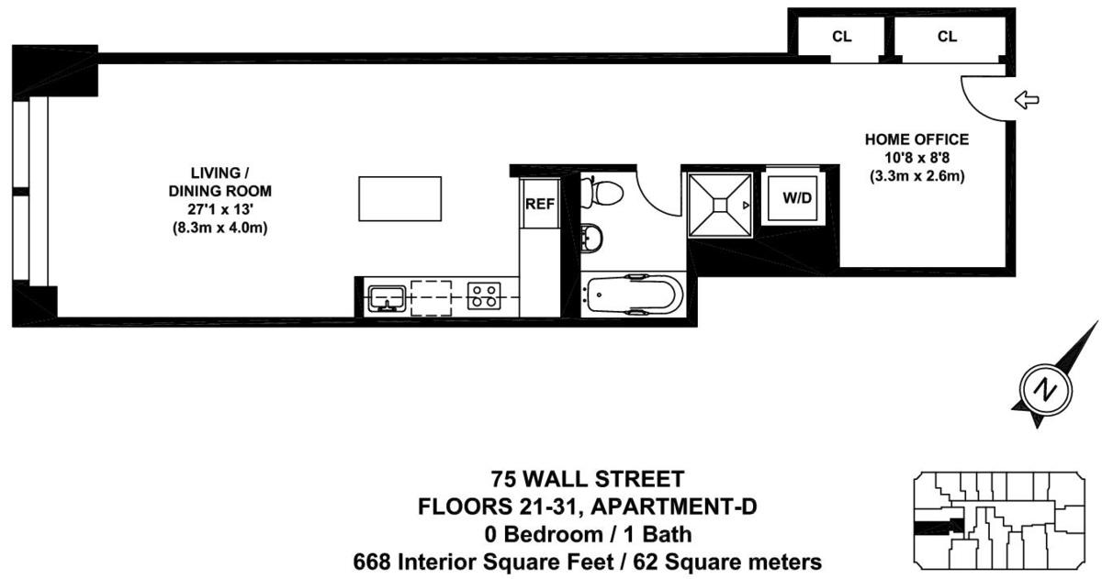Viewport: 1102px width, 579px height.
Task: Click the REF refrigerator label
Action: point(539,204)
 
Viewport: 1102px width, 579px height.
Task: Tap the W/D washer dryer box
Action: point(797,199)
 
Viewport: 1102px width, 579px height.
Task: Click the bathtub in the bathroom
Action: point(633,295)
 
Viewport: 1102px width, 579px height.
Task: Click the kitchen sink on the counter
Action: point(388,296)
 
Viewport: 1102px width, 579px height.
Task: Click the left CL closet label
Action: point(840,37)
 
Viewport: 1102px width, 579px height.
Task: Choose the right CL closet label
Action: point(947,37)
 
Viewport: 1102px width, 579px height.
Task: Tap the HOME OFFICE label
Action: point(916,140)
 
